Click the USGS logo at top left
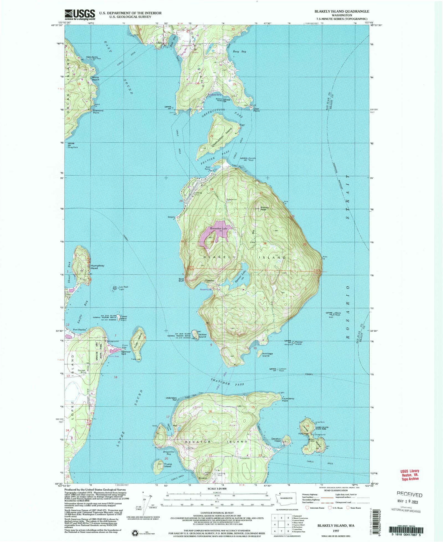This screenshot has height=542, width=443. (80, 15)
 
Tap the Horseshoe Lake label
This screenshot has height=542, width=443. (218, 228)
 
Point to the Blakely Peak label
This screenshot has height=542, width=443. (264, 209)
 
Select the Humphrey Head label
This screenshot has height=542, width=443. (97, 267)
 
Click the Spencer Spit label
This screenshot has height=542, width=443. (126, 353)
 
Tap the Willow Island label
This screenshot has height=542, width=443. (202, 336)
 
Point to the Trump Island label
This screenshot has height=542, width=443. (168, 465)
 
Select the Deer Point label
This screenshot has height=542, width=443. (256, 110)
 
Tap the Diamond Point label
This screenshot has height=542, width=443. (98, 111)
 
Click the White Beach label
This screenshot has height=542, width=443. (96, 79)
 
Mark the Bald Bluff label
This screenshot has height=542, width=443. (181, 280)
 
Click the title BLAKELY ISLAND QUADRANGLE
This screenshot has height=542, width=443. (341, 11)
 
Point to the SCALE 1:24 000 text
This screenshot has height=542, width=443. (217, 489)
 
